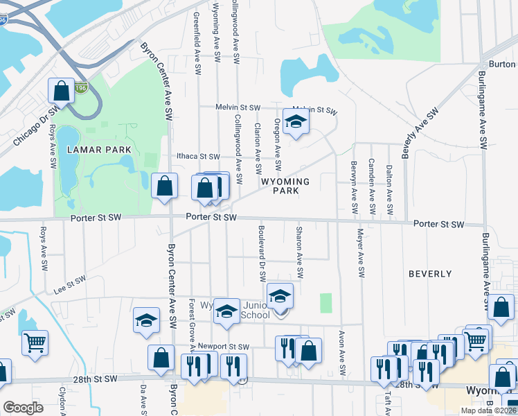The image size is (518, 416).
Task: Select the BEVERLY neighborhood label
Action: click(430, 274)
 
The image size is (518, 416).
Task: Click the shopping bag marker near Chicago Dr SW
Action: click(61, 91)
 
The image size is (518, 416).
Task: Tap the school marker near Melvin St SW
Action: click(296, 121)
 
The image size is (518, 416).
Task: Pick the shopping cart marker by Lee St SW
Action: click(35, 342)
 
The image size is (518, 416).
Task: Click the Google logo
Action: click(23, 408)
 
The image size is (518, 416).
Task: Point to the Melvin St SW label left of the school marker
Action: click(237, 107)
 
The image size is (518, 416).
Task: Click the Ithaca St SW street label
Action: click(198, 157)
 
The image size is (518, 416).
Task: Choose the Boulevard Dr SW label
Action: click(262, 253)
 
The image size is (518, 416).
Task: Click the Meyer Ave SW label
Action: click(360, 253)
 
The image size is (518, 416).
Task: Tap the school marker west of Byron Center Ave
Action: click(146, 320)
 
